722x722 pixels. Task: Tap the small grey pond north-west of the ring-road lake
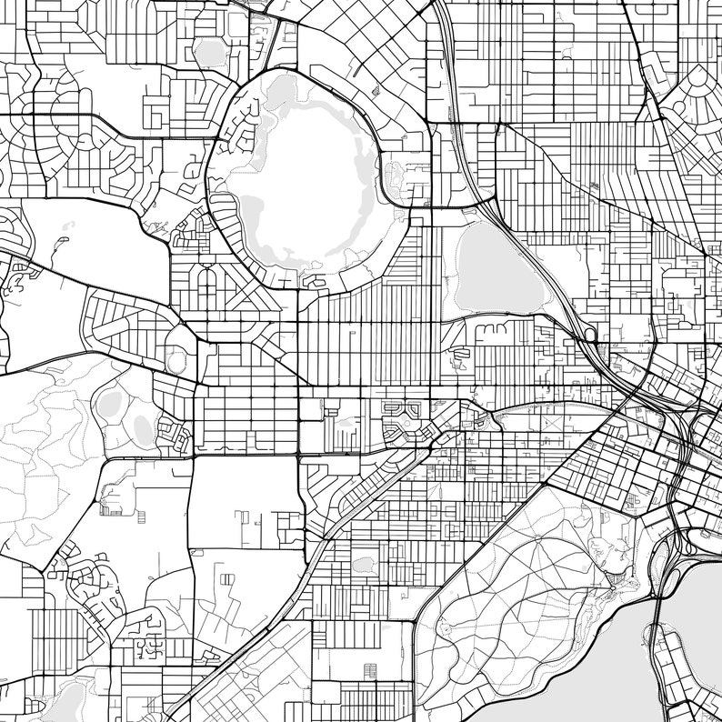pyautogui.click(x=211, y=53)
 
